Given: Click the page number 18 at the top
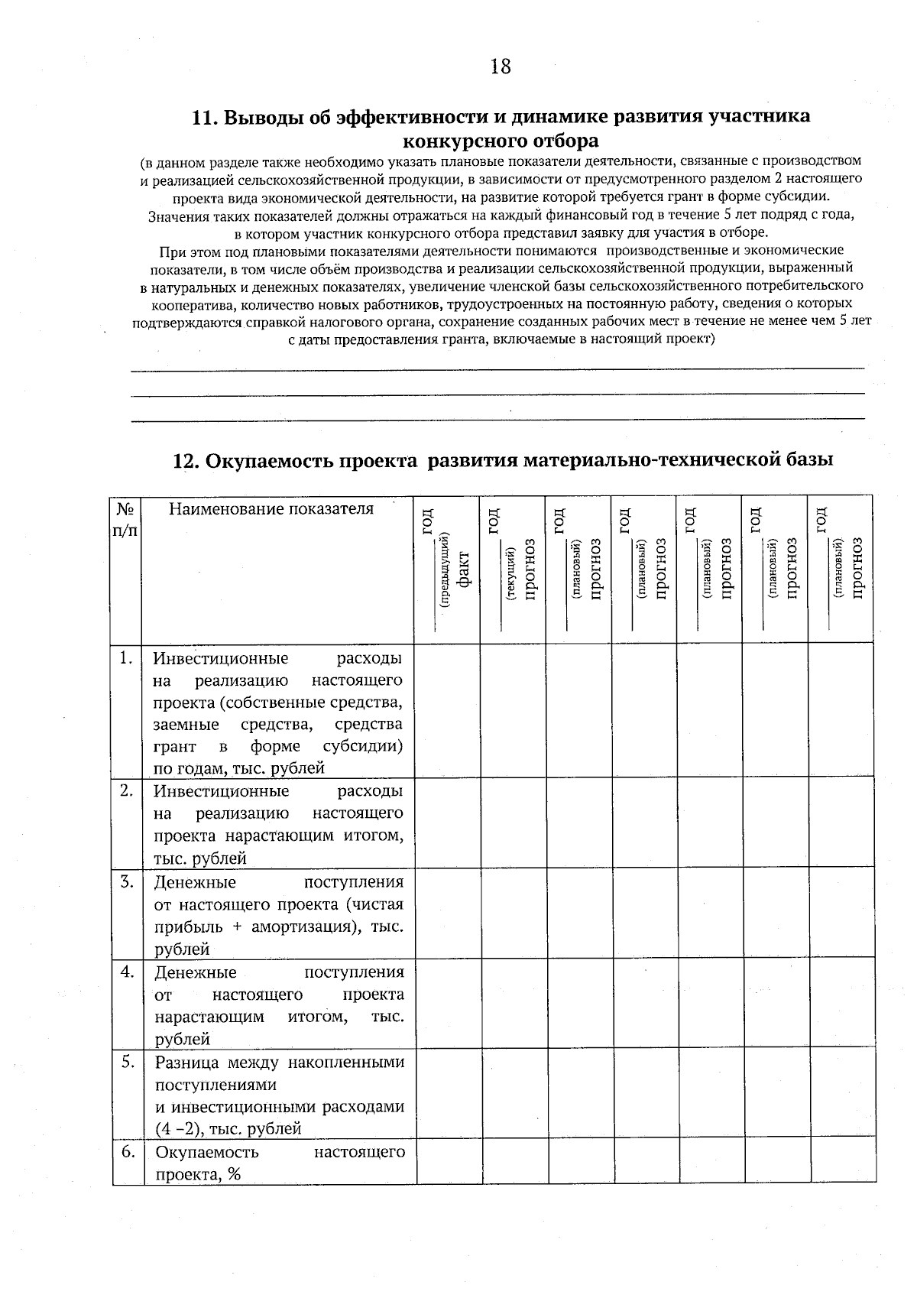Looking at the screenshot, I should tap(501, 67).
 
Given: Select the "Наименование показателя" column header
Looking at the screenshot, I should tap(271, 509).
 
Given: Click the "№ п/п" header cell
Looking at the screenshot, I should tap(125, 520).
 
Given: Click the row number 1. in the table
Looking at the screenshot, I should tap(127, 657).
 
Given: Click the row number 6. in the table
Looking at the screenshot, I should tap(128, 1151).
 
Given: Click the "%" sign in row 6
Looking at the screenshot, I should tap(234, 1174).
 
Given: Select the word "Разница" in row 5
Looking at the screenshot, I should tap(186, 1062).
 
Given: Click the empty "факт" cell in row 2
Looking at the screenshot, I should tap(448, 823).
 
